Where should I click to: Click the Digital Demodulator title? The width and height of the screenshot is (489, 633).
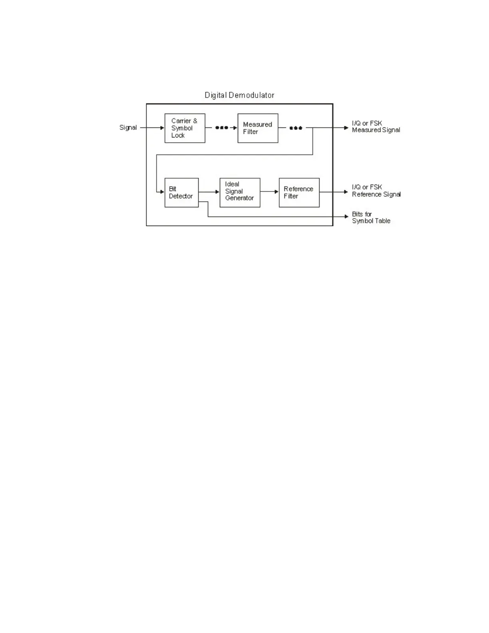[x=239, y=95]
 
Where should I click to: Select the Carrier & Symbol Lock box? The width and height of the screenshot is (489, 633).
[x=185, y=128]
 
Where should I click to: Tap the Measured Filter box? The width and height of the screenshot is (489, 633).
[x=258, y=128]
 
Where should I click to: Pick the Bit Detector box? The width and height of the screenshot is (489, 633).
[x=181, y=192]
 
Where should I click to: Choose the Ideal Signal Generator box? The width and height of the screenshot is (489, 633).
[x=240, y=192]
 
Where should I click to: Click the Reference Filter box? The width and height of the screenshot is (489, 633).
[x=299, y=192]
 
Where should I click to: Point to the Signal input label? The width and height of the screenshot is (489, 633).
[x=128, y=127]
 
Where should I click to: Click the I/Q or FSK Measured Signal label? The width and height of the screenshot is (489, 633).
[x=376, y=127]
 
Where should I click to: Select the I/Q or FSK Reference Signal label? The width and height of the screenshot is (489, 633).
[x=376, y=191]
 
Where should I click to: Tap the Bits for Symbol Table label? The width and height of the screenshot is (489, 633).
[x=371, y=217]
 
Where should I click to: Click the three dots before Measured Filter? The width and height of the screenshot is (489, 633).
[x=221, y=128]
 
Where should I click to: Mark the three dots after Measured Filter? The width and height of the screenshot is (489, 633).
[x=296, y=128]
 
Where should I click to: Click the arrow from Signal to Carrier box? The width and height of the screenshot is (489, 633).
[x=152, y=128]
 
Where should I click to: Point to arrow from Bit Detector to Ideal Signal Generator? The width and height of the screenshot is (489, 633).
[x=209, y=192]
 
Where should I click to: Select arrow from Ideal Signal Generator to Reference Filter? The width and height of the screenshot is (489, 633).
[x=269, y=192]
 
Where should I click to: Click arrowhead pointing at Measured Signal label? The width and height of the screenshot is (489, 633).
[x=346, y=128]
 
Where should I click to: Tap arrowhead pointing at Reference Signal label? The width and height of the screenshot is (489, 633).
[x=346, y=192]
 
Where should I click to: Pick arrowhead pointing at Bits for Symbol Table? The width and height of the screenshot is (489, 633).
[x=346, y=217]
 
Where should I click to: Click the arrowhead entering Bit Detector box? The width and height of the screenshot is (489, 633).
[x=162, y=192]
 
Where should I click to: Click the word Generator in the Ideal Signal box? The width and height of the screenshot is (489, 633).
[x=239, y=198]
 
